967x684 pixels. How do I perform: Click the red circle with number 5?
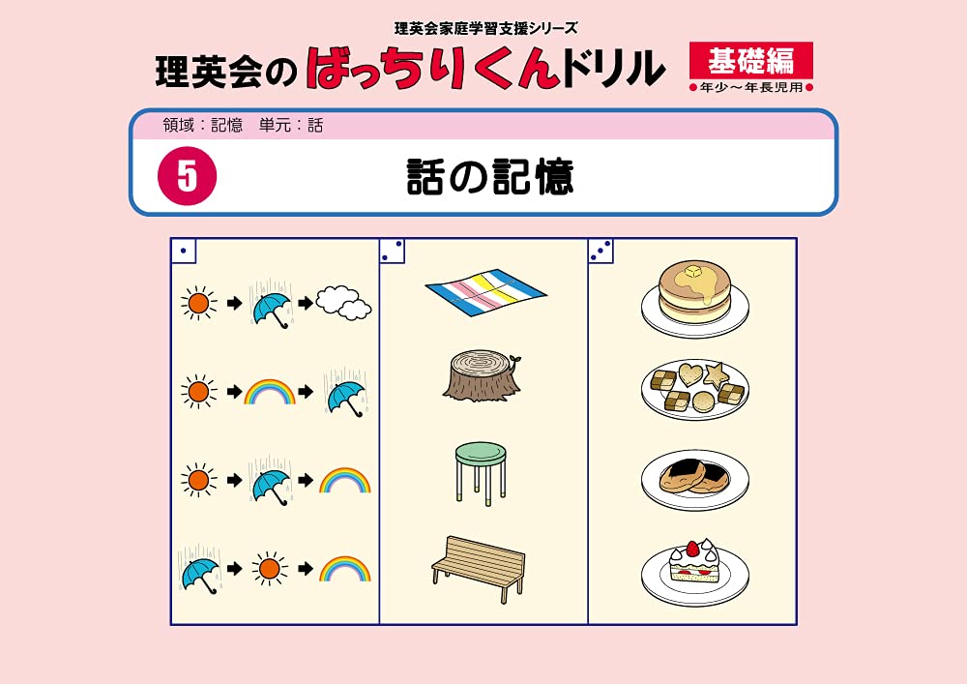[187, 177]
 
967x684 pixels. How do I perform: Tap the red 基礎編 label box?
[750, 61]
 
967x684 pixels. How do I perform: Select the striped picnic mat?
[485, 289]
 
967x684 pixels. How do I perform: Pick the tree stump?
[483, 376]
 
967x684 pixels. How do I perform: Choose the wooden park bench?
[479, 569]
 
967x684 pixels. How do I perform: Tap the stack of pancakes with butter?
[693, 295]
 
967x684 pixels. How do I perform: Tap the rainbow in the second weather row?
[269, 392]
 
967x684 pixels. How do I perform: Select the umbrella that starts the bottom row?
[199, 572]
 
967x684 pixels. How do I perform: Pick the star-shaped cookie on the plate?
[716, 372]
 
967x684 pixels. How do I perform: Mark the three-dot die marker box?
[601, 251]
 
